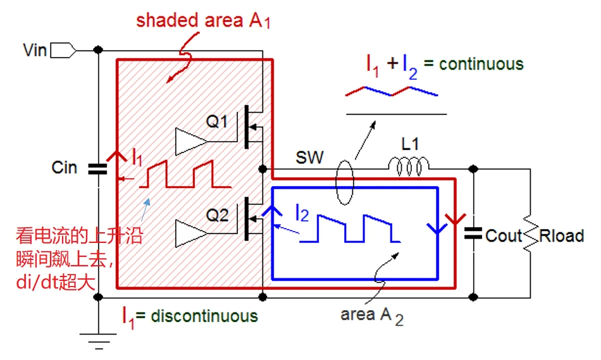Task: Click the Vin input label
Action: point(35,49)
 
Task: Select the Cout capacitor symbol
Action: point(473,233)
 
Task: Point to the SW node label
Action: point(309,158)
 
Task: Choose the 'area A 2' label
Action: point(371,315)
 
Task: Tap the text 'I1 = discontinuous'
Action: point(190,315)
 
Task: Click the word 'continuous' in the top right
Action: point(481,64)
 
